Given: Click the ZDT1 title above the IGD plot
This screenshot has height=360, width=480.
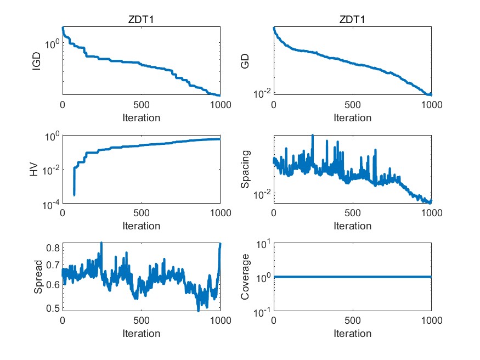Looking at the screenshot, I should pyautogui.click(x=141, y=20).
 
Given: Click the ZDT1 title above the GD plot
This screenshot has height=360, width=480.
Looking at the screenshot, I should pyautogui.click(x=352, y=20).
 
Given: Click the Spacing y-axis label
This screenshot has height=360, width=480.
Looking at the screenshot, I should pyautogui.click(x=246, y=170).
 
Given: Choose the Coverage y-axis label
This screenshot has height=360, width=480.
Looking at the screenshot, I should pyautogui.click(x=246, y=278).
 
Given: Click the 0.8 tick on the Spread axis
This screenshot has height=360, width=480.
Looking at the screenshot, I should pyautogui.click(x=52, y=248).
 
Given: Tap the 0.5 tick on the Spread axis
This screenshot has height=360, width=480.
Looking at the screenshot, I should pyautogui.click(x=52, y=307).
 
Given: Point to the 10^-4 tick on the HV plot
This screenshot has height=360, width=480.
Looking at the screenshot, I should pyautogui.click(x=50, y=205).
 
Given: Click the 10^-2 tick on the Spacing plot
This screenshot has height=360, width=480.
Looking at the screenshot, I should pyautogui.click(x=261, y=195).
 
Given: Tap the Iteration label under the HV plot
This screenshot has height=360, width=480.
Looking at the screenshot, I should pyautogui.click(x=141, y=226).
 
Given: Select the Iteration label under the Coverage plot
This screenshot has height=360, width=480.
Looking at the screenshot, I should pyautogui.click(x=352, y=333).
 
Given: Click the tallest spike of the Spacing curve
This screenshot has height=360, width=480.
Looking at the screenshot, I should pyautogui.click(x=313, y=135).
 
